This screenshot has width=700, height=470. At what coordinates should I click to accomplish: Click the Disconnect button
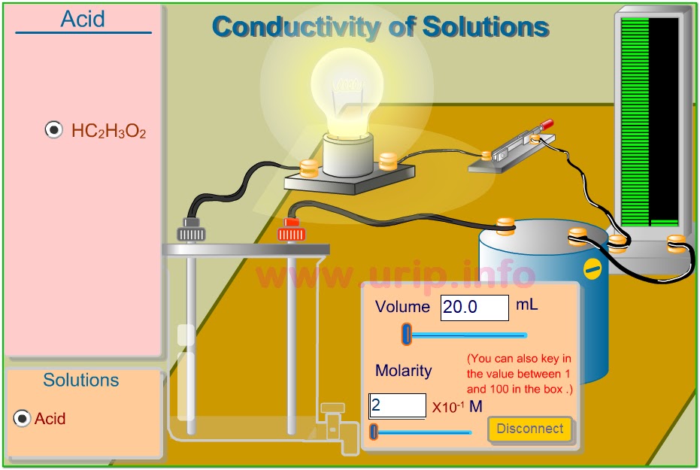(x=529, y=429)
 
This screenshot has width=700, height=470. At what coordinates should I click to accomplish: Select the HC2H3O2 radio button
(x=54, y=130)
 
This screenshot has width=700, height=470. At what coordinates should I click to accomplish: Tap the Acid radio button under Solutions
(x=23, y=418)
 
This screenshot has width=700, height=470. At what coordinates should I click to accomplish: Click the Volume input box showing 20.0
(x=474, y=308)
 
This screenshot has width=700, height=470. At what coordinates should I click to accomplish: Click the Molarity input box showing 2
(x=397, y=406)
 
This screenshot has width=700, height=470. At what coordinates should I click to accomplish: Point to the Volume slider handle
(x=407, y=334)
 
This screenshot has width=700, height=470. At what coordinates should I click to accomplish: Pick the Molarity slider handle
(x=374, y=432)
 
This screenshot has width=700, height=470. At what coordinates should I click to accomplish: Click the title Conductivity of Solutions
(x=380, y=27)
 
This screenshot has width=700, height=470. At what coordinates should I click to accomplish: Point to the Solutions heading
(x=81, y=380)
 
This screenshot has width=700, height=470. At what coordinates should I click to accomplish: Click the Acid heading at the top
(x=83, y=19)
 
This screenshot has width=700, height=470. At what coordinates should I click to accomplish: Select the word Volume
(x=402, y=307)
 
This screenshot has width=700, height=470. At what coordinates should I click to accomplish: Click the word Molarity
(x=404, y=370)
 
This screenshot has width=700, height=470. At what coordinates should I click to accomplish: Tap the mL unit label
(x=526, y=305)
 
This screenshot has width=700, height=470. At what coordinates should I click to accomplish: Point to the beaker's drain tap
(x=333, y=411)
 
